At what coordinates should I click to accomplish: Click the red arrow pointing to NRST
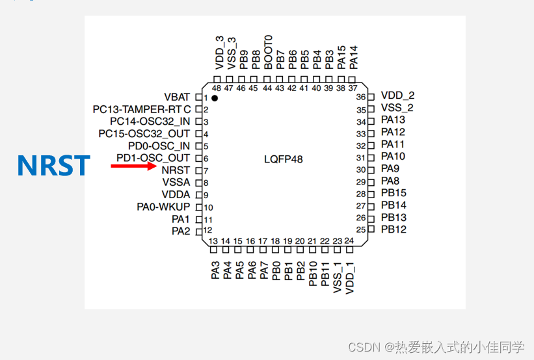[133, 166]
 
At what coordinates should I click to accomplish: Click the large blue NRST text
[53, 166]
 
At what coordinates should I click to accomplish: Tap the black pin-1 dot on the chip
[214, 98]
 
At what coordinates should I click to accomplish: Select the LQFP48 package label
[283, 159]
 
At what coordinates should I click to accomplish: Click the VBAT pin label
[177, 97]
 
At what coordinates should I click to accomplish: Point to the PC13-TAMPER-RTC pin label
[142, 109]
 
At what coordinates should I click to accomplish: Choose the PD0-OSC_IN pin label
[159, 146]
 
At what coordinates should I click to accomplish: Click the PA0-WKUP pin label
[163, 207]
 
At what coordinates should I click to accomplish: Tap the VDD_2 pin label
[397, 96]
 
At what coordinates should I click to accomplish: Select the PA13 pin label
[393, 120]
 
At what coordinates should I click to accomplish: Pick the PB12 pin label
[394, 229]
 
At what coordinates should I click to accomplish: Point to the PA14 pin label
[353, 57]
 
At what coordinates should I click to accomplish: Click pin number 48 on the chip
[217, 88]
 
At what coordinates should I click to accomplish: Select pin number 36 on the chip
[360, 97]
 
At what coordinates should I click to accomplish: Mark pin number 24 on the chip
[349, 241]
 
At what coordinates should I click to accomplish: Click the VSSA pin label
[176, 183]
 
